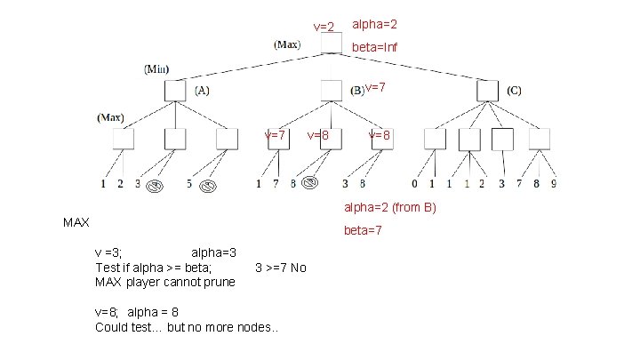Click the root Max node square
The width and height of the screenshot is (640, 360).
[x=331, y=43]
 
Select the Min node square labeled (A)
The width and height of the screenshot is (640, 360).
[x=175, y=90]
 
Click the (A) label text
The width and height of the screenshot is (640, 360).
[x=202, y=90]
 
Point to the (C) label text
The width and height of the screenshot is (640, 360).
[x=515, y=90]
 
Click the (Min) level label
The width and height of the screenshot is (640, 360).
[x=157, y=68]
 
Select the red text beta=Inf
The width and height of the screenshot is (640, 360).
[x=374, y=47]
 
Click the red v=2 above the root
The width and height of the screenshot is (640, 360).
[x=324, y=27]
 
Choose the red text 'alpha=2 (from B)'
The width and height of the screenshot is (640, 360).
[x=390, y=208]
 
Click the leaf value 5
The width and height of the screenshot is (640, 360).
[x=189, y=185]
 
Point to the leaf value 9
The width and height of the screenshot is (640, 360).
[x=553, y=185]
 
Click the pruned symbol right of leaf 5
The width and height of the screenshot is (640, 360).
[x=208, y=186]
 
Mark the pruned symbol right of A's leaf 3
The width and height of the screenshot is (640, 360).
[x=154, y=186]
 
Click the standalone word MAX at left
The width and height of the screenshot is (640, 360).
[x=76, y=222]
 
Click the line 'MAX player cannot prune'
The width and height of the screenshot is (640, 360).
[x=165, y=282]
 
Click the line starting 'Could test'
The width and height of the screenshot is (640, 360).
[x=187, y=327]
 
